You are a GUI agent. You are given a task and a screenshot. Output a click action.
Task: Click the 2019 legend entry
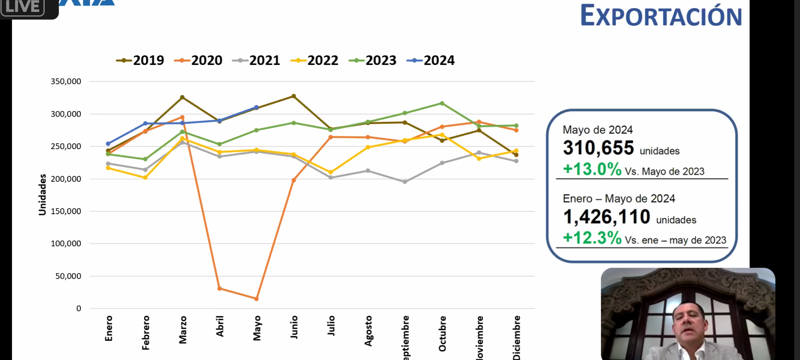pos(140,60)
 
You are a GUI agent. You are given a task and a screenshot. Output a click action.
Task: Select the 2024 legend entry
pos(431,60)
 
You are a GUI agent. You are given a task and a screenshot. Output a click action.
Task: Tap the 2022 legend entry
pos(314,60)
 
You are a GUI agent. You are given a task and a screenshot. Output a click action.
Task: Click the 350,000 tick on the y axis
pos(66,81)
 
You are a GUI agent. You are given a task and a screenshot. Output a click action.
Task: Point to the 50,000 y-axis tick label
pos(68,276)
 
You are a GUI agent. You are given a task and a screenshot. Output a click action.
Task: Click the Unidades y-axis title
pos(42,195)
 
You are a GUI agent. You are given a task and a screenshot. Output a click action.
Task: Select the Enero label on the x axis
pos(109,328)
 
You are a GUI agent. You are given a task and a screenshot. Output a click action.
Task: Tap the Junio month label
pos(294,327)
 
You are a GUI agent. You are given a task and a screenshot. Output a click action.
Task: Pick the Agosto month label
pos(368,331)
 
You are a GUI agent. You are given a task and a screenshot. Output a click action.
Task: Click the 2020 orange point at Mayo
pos(256,299)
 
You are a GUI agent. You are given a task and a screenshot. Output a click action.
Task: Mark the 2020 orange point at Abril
pos(219,288)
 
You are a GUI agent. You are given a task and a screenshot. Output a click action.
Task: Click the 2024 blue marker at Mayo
pos(256,107)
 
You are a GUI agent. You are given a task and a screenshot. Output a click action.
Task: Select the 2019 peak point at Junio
pos(294,96)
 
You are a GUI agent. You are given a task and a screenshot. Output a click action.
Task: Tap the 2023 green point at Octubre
pos(442,103)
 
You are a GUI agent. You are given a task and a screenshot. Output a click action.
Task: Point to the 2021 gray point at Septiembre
pos(405,182)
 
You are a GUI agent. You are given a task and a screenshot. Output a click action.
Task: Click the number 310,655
pos(598,148)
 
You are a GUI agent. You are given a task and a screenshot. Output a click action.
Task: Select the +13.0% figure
pos(592,169)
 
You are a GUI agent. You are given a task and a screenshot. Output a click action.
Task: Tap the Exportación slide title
pos(661,16)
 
